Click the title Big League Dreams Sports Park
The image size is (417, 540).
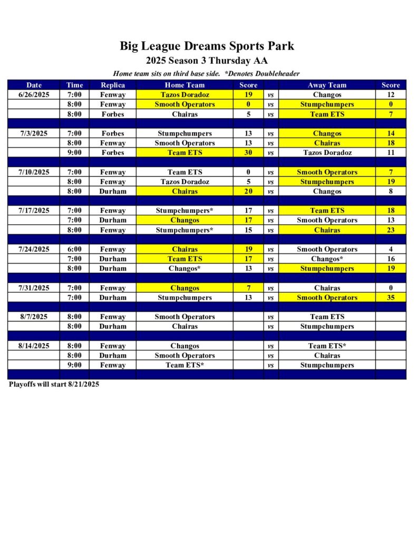207,46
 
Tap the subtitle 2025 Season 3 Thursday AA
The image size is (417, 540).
207,61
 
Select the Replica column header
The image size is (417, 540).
112,85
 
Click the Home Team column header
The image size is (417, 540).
185,85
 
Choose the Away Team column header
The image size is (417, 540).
327,85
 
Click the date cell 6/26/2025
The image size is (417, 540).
34,95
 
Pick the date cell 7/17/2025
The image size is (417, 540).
34,210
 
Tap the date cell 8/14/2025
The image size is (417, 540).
34,346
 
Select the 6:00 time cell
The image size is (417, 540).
74,249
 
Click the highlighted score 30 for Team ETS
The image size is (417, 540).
248,152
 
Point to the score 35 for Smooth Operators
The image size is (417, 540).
391,297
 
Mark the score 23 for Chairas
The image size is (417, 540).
391,230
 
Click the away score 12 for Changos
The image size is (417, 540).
391,95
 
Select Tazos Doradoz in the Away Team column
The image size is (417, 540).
327,152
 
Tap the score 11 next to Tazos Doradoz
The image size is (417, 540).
391,152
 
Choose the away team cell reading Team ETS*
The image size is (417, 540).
327,346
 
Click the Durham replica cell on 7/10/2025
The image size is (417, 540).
112,191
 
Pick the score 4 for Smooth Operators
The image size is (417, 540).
391,249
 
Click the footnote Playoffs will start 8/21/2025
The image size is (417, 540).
54,384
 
